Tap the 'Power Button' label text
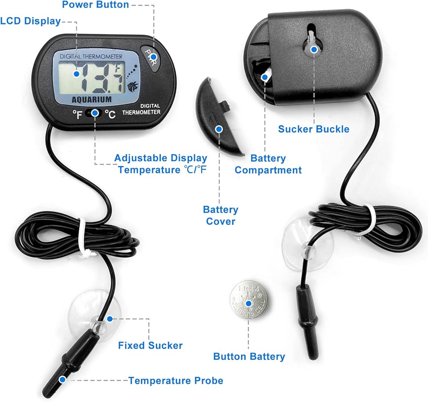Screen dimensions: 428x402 tap(95, 5)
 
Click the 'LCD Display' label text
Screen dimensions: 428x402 tap(30, 21)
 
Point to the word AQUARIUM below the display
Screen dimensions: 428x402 tap(92, 99)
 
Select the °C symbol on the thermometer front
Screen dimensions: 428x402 tap(110, 114)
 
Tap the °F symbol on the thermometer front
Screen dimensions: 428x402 tap(77, 114)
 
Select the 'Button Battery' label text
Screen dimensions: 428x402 tap(249, 356)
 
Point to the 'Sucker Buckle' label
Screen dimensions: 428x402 tap(314, 129)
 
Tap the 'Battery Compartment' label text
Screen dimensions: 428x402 tap(268, 164)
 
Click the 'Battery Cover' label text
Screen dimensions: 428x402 tap(220, 216)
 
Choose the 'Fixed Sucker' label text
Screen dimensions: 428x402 tap(150, 345)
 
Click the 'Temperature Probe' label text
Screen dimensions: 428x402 tap(176, 380)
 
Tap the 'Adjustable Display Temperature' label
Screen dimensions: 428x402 tap(161, 164)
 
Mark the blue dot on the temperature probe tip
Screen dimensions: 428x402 tap(62, 379)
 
